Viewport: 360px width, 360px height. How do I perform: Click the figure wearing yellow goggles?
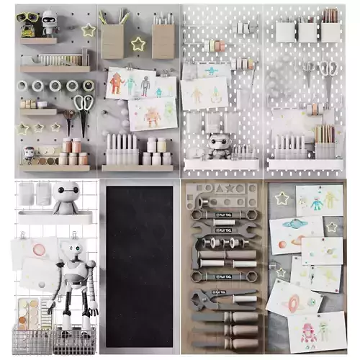(x=29, y=22)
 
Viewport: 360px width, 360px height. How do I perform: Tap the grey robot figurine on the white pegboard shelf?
(x=219, y=144)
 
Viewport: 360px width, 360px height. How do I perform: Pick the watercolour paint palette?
(x=30, y=314)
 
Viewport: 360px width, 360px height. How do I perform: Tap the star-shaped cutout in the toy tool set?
(x=230, y=189)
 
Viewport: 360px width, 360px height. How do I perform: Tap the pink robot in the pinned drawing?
(x=309, y=332)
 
